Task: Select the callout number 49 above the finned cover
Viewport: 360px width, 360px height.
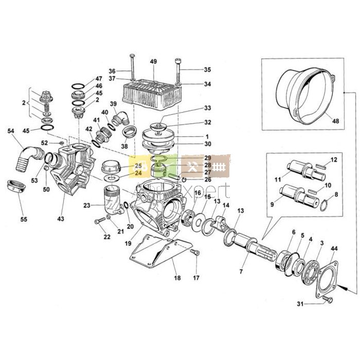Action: point(153,62)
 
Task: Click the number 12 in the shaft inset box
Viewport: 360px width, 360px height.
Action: point(333,160)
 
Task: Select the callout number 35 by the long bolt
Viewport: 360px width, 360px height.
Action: point(207,69)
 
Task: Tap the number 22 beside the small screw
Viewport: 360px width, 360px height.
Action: point(106,237)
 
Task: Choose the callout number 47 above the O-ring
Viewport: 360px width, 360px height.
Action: point(99,79)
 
